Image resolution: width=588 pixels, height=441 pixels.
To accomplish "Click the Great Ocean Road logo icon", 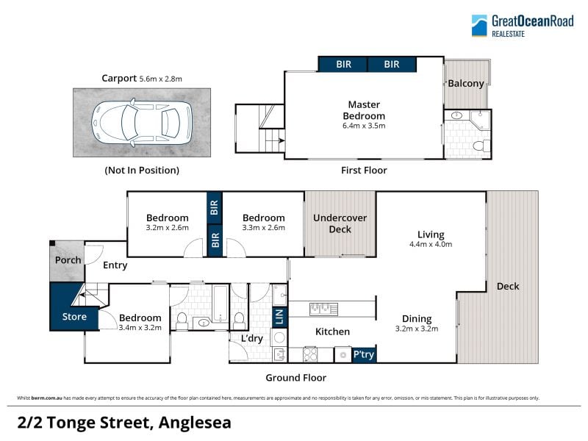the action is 479,26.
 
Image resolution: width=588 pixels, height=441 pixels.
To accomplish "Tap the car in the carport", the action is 142,123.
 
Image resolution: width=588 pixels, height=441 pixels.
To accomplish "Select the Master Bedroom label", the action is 364,110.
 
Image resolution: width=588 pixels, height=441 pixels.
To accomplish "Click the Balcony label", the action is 466,83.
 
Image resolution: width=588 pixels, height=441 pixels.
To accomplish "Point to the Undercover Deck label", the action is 340,223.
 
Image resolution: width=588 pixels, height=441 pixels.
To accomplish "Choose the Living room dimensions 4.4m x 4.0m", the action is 431,244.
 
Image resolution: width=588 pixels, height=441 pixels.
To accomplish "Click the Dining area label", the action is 417,319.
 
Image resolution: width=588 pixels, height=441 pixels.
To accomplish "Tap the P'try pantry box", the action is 364,354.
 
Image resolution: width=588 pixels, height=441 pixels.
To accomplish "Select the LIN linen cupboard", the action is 279,317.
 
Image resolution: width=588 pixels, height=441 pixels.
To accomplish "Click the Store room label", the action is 74,317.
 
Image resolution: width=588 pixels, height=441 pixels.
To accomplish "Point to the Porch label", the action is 68,260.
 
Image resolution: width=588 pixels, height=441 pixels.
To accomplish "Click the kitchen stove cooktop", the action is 310,354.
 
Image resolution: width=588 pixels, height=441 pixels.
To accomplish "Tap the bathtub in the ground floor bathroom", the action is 220,304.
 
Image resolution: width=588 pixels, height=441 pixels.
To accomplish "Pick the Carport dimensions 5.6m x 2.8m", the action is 160,79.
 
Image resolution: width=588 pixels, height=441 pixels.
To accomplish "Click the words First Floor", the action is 364,171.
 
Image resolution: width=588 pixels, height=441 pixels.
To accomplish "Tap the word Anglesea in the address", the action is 195,423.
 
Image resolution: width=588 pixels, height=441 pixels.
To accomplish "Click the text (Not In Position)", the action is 142,171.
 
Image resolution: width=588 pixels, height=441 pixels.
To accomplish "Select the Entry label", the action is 115,265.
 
